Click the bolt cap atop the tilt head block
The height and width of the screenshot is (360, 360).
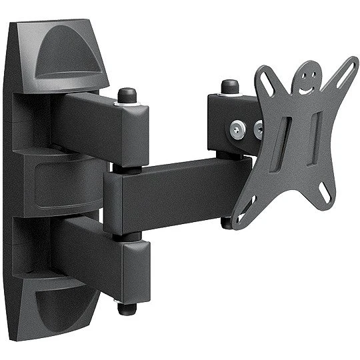tap(230, 86)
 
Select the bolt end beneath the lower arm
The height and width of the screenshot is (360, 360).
tap(126, 308)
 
